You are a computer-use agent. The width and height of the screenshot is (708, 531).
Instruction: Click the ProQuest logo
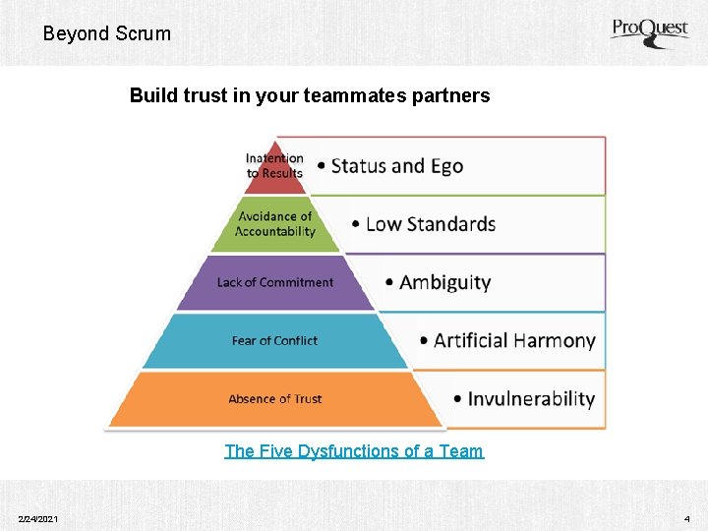point(648,31)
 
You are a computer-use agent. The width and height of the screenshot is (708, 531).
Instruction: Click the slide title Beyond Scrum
point(106,33)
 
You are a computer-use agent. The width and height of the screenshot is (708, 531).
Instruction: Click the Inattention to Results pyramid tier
point(275,165)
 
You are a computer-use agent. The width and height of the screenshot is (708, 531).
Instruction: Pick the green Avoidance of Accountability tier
point(275,224)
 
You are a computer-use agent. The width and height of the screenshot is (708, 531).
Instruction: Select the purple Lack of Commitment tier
point(275,282)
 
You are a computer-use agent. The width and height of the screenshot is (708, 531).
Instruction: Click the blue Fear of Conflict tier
point(275,340)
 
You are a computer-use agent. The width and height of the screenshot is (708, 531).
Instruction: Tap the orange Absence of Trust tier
point(275,398)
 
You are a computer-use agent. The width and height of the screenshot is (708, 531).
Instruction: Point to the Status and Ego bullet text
point(396,165)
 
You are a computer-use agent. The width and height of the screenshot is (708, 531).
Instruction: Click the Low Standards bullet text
point(430,224)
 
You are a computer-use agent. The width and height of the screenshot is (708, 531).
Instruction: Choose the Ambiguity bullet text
point(444,282)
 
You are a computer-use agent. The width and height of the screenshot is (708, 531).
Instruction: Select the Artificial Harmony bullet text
point(513,340)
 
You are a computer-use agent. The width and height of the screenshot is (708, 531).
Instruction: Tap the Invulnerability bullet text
point(530,398)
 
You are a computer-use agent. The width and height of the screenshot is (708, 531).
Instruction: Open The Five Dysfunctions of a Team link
point(354,451)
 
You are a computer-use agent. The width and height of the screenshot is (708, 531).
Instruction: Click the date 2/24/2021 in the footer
point(37,518)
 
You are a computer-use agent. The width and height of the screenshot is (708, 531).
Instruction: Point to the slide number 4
point(686,518)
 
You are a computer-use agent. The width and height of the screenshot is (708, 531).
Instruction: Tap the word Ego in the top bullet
point(445,165)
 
